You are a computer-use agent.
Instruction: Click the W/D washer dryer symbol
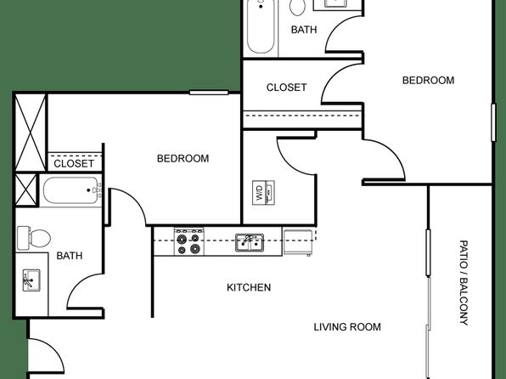263,193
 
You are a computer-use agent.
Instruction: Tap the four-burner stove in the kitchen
189,241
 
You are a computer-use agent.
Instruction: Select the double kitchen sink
250,242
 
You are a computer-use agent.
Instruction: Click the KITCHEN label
249,287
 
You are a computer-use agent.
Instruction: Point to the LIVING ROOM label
347,326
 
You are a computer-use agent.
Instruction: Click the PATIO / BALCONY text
464,282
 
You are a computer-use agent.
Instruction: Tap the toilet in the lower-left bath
34,238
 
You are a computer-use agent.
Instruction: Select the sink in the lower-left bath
31,280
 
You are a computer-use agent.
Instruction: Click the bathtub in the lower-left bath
71,190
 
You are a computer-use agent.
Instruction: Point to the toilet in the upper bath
297,7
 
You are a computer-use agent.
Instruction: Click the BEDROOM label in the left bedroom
183,158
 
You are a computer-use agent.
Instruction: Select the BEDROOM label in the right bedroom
428,80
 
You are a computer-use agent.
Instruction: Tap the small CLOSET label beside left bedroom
74,163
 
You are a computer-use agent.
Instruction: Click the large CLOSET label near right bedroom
287,88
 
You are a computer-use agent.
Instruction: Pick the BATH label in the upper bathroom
304,30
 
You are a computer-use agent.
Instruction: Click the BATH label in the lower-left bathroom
70,256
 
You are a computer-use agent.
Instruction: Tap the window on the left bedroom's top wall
209,93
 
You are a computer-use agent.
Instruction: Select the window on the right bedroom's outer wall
493,122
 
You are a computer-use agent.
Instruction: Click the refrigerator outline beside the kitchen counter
297,242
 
